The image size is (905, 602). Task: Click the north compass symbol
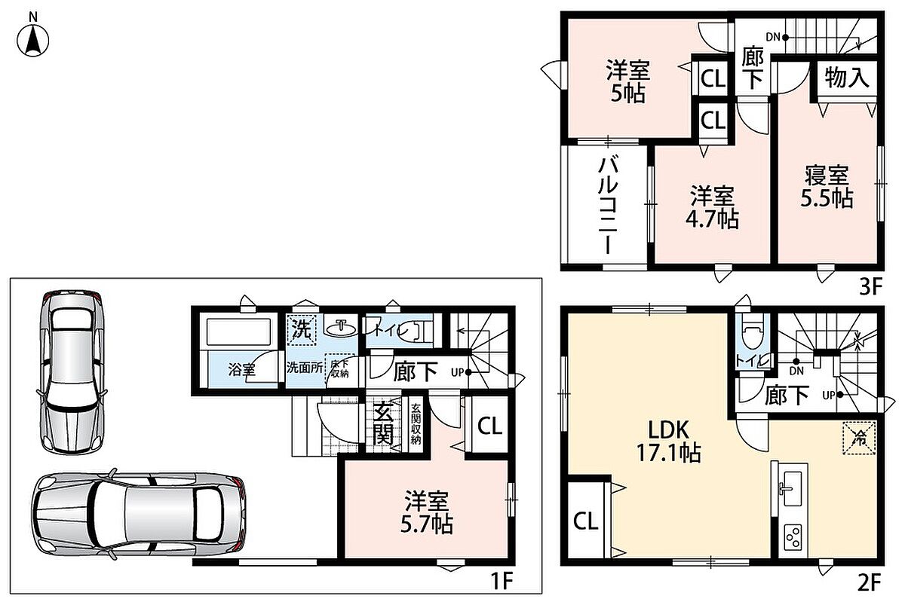pyautogui.click(x=32, y=35)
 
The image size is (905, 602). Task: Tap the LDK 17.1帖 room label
pyautogui.click(x=669, y=442)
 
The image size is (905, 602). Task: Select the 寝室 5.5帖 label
pyautogui.click(x=827, y=187)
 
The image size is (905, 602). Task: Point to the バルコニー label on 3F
pyautogui.click(x=608, y=206)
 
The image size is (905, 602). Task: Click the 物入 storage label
pyautogui.click(x=847, y=77)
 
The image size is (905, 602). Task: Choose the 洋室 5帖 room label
pyautogui.click(x=627, y=81)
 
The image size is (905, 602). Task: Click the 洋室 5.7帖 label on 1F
pyautogui.click(x=427, y=512)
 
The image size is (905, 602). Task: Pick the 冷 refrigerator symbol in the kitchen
pyautogui.click(x=859, y=438)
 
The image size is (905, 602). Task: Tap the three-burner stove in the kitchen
pyautogui.click(x=793, y=538)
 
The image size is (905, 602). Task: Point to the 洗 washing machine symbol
pyautogui.click(x=302, y=329)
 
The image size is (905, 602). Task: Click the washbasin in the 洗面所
pyautogui.click(x=342, y=329)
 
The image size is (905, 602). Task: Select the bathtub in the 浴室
pyautogui.click(x=239, y=332)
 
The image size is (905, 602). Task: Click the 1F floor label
pyautogui.click(x=502, y=581)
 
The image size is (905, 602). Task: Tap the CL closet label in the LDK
pyautogui.click(x=585, y=521)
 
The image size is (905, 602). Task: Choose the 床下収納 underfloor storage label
pyautogui.click(x=340, y=368)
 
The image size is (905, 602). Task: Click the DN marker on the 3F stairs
pyautogui.click(x=773, y=37)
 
